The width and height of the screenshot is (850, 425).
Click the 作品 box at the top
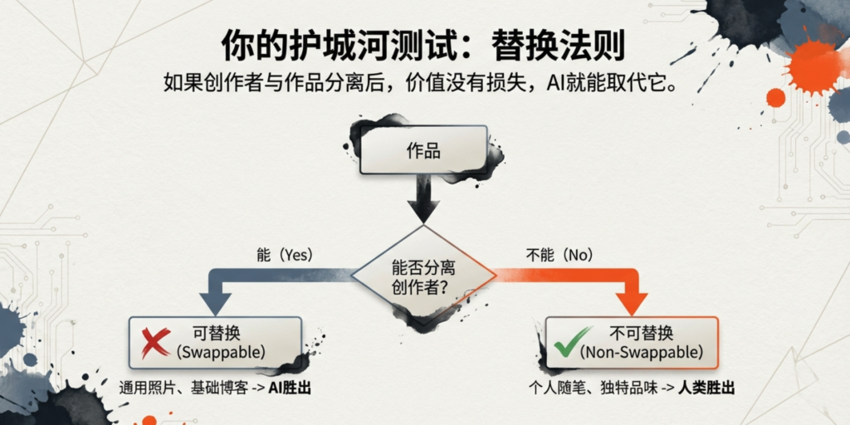[x=423, y=150]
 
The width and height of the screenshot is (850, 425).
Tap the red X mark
[x=155, y=341]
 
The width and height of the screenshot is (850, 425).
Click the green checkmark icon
[x=567, y=342]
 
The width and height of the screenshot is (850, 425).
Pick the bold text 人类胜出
[x=706, y=388]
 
